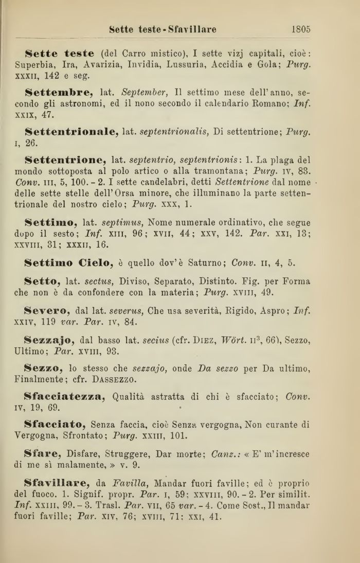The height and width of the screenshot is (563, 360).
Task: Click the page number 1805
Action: coord(300,30)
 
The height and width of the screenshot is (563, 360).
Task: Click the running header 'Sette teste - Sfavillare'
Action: coord(163,30)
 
